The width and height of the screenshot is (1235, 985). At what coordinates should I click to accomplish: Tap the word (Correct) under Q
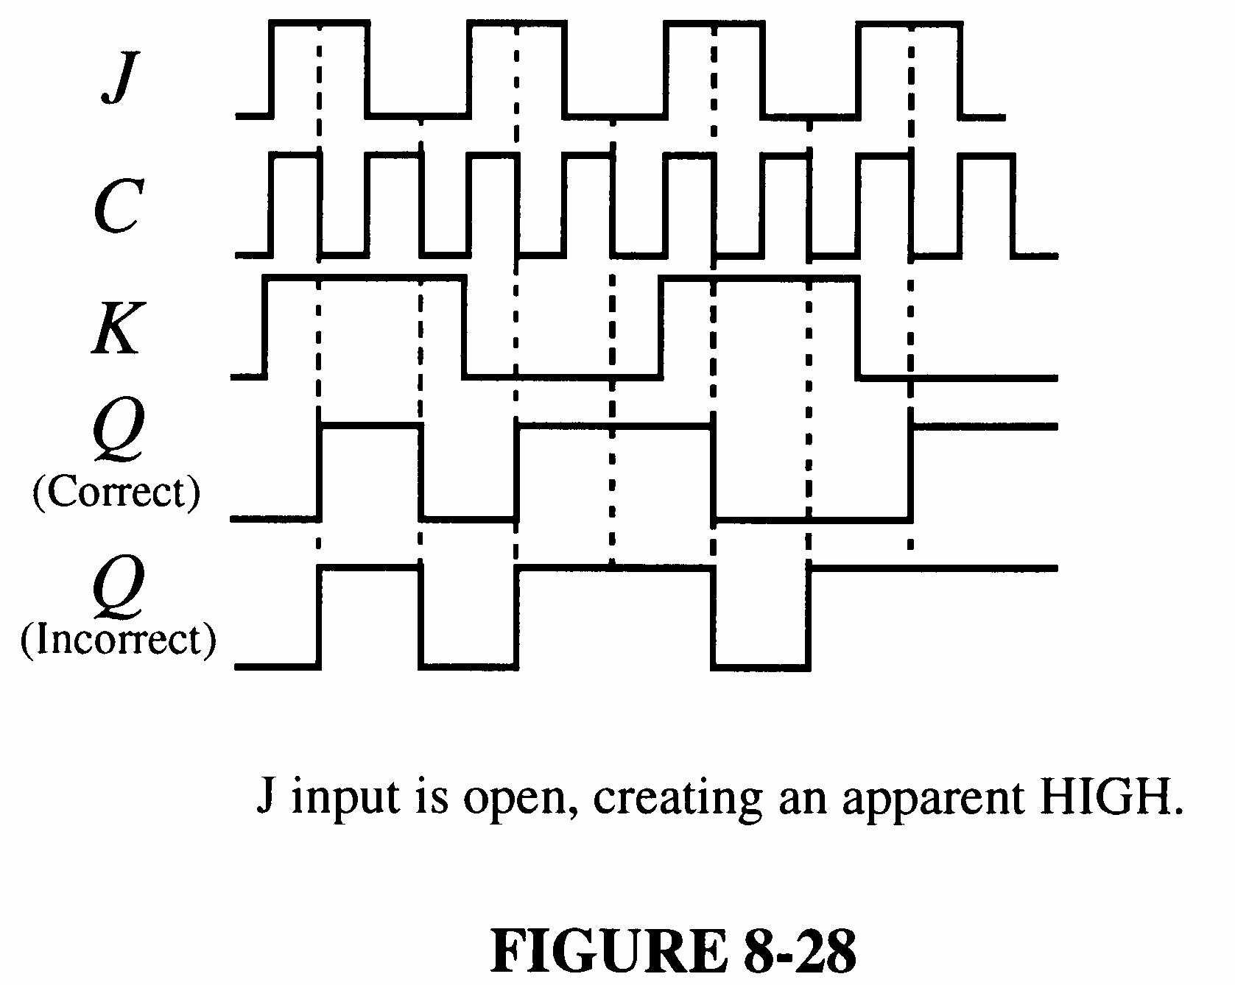tap(116, 492)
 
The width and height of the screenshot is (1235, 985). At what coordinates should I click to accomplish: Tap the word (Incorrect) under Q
tap(118, 638)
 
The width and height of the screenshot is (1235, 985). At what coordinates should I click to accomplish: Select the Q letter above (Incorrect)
tap(118, 585)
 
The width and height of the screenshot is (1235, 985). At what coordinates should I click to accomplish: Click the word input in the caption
tap(345, 798)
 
